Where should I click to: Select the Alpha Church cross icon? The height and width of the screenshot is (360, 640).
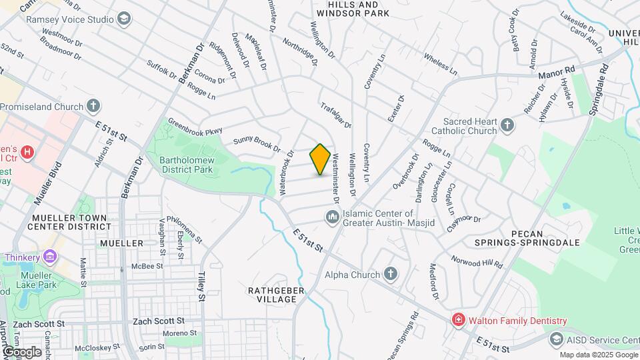tap(391, 274)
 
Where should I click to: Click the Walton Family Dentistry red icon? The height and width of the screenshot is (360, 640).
tap(458, 321)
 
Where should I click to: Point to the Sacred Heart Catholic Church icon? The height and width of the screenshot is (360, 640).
tap(507, 125)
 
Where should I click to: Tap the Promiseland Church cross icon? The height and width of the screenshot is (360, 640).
tap(94, 106)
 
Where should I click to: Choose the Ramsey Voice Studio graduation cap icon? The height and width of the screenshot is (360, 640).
tap(123, 19)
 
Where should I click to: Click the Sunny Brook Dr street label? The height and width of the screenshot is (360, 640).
tap(256, 143)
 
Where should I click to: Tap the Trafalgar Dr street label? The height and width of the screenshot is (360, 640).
tap(335, 115)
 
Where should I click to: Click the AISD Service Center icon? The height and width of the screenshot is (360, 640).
tap(556, 339)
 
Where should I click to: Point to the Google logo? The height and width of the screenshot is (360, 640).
tap(22, 351)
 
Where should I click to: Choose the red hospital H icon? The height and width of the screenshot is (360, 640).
tap(27, 153)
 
